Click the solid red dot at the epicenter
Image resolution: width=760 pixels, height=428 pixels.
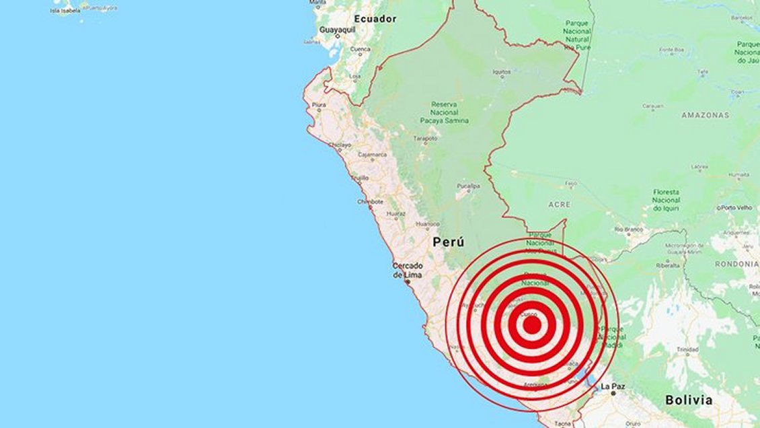(x=531, y=324)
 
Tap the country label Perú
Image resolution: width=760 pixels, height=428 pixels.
(x=448, y=241)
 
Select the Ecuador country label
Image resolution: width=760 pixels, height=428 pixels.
(x=375, y=19)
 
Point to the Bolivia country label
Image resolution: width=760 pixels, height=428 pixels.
(x=688, y=400)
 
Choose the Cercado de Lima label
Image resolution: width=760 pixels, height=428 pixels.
(x=408, y=270)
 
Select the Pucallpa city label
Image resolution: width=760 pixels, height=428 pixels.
(x=468, y=186)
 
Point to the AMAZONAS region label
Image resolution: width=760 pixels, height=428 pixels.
(x=705, y=115)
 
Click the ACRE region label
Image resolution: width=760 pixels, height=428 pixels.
(x=559, y=204)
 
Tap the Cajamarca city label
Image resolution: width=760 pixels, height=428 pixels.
(x=372, y=155)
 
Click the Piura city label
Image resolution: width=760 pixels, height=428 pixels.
(x=319, y=106)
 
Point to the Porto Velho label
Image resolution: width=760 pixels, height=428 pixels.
(x=737, y=207)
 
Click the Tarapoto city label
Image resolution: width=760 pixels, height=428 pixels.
(x=424, y=138)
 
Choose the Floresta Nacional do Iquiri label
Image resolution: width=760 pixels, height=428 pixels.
(x=666, y=200)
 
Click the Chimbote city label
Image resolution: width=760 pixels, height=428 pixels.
(x=371, y=201)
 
